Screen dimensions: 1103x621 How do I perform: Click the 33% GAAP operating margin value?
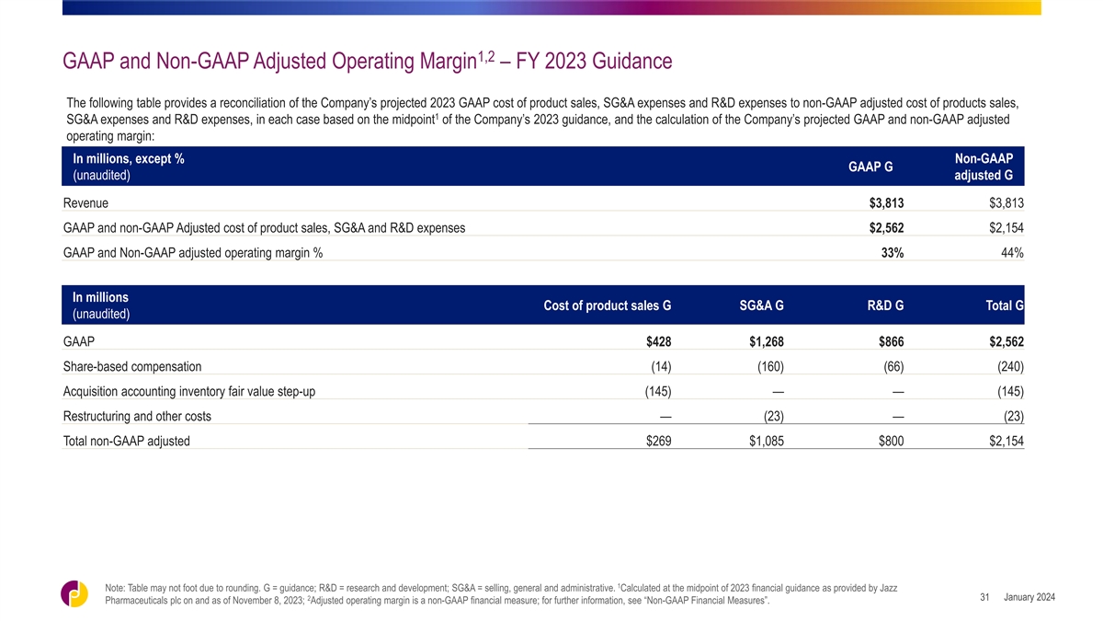point(893,253)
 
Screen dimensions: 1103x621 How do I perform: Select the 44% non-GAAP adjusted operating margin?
point(1012,253)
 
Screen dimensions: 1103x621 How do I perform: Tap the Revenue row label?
point(85,203)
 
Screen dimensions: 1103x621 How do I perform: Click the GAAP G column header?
point(870,167)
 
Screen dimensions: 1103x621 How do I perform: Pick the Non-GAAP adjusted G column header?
point(984,167)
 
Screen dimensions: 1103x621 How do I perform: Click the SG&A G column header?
point(761,305)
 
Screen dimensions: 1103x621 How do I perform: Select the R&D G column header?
point(885,305)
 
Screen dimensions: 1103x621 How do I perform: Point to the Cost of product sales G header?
point(608,305)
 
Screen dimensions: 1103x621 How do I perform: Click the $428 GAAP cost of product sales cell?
point(658,341)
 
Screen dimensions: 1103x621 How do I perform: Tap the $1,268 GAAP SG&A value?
point(767,341)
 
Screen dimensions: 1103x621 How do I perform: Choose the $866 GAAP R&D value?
point(892,341)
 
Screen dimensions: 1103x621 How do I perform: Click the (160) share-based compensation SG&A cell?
point(770,367)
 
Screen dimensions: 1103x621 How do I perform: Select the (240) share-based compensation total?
point(1010,367)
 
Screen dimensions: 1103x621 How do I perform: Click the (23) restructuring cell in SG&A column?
point(774,417)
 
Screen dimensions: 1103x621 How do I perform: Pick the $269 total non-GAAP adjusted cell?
point(658,441)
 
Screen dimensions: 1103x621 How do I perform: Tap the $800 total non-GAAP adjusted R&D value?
point(892,441)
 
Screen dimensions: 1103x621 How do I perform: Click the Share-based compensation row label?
point(132,367)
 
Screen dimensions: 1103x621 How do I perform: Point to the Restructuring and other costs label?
point(137,417)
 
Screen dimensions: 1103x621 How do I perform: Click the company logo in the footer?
point(74,594)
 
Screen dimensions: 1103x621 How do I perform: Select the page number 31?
point(984,597)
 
